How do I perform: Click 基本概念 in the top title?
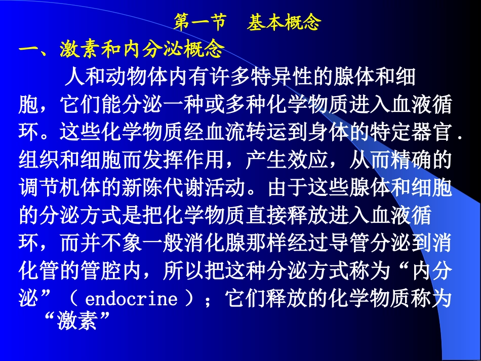tap(284, 23)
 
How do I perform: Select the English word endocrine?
tap(131, 299)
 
